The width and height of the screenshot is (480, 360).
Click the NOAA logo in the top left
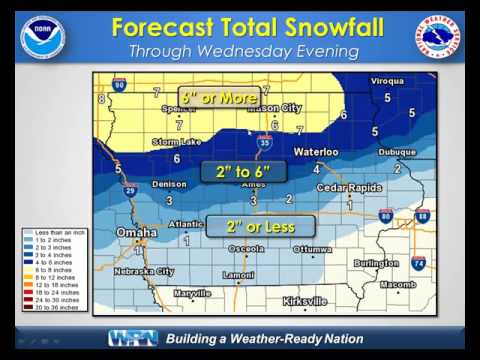click(x=42, y=38)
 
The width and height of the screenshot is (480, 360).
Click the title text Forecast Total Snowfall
click(x=247, y=27)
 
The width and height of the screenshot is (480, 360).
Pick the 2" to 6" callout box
click(x=244, y=172)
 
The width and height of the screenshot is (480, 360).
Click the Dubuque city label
click(x=397, y=152)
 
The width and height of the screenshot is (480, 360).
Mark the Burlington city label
click(x=375, y=263)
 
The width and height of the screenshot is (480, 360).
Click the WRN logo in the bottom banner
click(x=132, y=338)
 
